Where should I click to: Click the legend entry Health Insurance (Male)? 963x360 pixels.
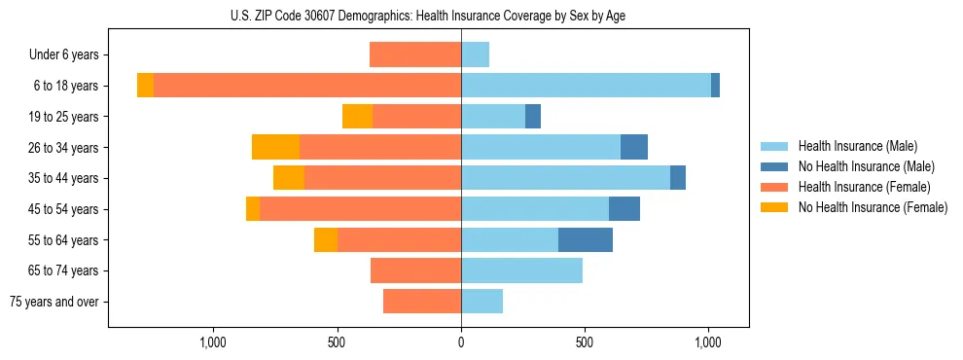pos(857,146)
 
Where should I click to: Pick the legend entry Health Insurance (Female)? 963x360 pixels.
pos(865,187)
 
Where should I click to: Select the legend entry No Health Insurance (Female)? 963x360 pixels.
pos(873,207)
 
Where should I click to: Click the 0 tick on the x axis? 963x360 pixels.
pos(461,342)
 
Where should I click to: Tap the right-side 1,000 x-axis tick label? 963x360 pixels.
pos(708,342)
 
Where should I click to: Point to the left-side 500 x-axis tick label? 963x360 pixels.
pos(337,342)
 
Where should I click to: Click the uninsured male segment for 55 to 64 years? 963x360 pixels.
pos(586,239)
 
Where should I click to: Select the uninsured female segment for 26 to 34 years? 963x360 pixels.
pos(275,147)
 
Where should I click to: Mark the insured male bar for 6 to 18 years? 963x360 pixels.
pos(586,86)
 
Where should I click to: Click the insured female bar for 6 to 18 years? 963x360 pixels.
pos(307,86)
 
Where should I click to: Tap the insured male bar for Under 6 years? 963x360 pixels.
pos(475,54)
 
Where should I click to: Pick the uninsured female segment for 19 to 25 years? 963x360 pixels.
pos(357,117)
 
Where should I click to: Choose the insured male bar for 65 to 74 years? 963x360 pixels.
pos(521,270)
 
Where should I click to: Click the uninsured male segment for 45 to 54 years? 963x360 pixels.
pos(624,209)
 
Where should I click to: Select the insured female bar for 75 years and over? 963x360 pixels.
pos(422,302)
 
